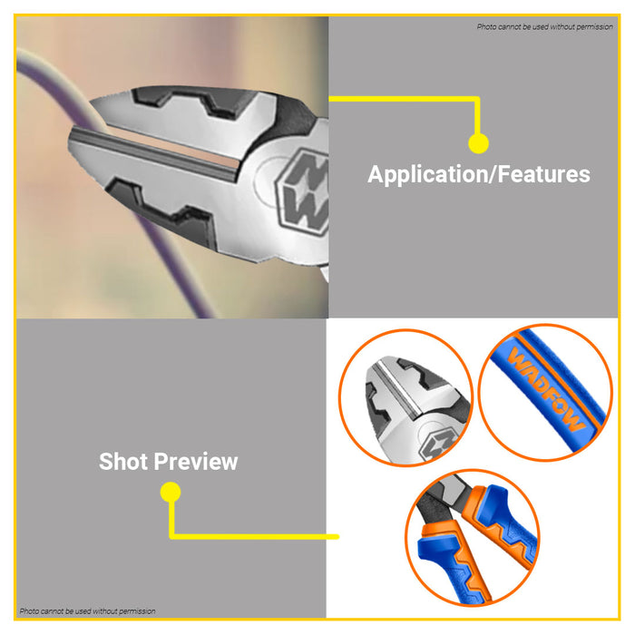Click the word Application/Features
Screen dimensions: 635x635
pos(479,174)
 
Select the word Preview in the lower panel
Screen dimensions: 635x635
pos(196,462)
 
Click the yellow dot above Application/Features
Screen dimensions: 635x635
pos(478,143)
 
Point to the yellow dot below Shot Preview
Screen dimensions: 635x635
pos(171,492)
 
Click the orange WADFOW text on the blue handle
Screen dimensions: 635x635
pos(545,389)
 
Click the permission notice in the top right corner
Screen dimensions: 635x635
pos(544,26)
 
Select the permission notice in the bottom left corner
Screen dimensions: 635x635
pos(87,611)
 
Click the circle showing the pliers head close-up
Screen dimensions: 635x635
pos(405,397)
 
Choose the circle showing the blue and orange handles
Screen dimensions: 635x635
pos(473,538)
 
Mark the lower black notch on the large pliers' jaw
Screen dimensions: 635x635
pos(162,209)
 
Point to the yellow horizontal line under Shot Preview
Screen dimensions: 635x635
pos(254,537)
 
